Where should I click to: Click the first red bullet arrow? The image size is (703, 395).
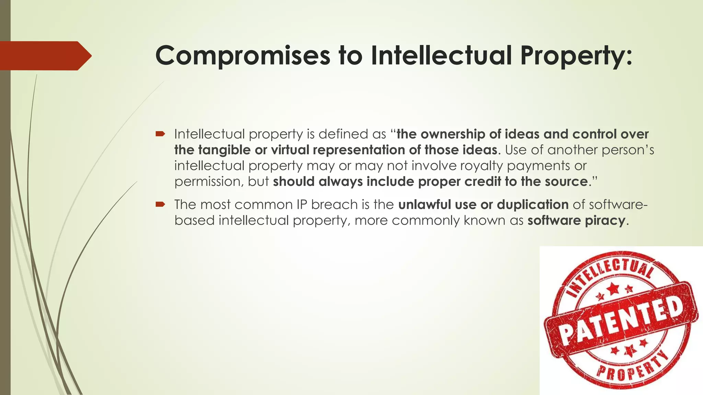pos(160,134)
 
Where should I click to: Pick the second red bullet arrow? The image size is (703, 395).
pos(160,205)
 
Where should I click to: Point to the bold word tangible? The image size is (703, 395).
pos(224,150)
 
